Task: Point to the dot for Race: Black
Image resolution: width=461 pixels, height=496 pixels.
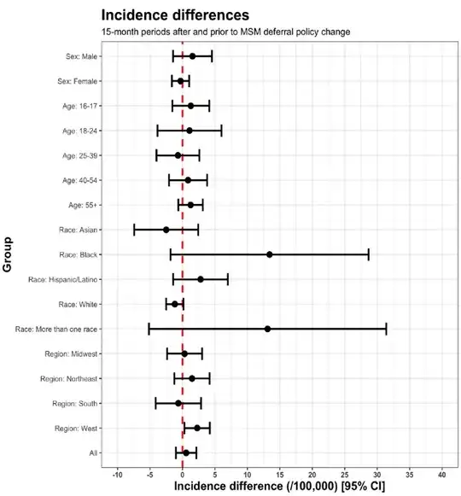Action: [270, 254]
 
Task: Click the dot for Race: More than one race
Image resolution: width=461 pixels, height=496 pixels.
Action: [267, 329]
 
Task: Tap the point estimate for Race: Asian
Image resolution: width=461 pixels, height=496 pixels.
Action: [166, 230]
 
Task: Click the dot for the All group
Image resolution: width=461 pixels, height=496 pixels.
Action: [185, 452]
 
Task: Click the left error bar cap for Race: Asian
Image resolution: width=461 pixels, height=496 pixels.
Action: [134, 230]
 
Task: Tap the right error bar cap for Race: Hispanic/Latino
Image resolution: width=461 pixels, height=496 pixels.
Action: [228, 279]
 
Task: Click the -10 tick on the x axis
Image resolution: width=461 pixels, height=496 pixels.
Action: [117, 474]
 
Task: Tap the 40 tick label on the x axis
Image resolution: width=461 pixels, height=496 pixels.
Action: [441, 474]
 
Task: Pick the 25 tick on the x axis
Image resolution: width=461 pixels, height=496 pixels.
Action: [344, 474]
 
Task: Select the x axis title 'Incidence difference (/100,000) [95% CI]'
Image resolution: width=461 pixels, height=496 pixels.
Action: [279, 487]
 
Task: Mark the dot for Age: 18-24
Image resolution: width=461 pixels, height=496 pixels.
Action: [190, 131]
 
